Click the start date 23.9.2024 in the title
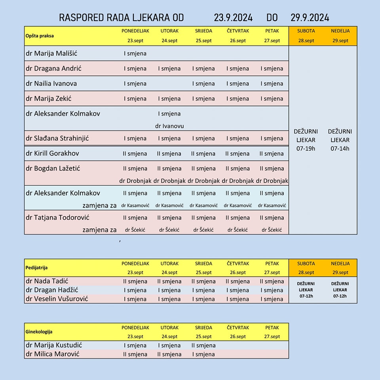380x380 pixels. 233,18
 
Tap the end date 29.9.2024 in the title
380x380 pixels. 310,18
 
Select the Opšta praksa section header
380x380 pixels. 40,36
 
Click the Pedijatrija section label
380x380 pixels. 36,268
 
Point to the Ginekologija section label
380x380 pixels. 39,332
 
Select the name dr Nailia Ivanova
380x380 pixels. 51,84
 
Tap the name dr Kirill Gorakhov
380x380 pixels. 52,153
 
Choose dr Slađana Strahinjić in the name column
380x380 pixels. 57,138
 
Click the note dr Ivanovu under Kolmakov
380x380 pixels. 169,126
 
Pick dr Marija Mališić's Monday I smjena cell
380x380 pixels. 135,53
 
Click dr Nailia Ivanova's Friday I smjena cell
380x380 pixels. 272,84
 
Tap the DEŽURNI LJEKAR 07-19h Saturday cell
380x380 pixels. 306,140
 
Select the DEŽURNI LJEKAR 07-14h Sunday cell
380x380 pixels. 340,140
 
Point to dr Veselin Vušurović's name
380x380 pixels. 57,298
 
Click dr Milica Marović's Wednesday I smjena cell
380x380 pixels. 203,354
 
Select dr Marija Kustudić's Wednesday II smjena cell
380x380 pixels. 203,345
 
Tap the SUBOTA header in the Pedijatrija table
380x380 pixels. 306,264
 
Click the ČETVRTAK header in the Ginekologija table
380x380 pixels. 238,328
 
